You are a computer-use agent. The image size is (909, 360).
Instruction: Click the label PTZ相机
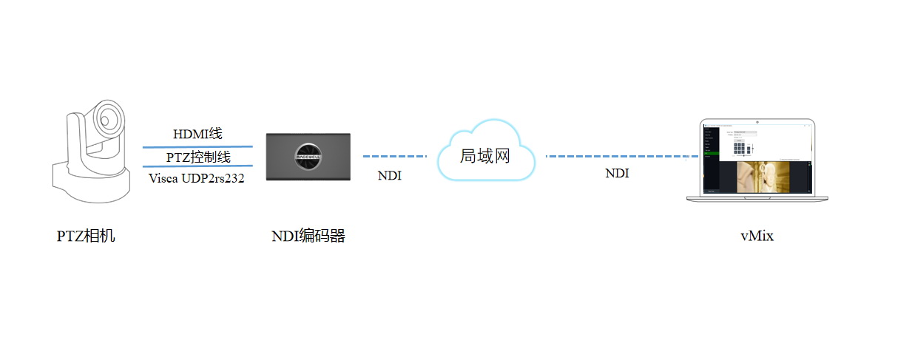[86, 237]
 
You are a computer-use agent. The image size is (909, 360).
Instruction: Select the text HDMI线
[197, 134]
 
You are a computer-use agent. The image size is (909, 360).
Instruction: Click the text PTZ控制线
[198, 157]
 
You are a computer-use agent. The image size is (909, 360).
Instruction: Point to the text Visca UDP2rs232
[197, 178]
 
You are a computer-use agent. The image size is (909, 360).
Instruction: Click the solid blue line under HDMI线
[197, 146]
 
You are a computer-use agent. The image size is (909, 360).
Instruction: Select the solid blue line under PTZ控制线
[197, 166]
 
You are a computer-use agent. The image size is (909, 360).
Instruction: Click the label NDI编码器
[308, 237]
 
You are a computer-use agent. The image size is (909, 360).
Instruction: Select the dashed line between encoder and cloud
[394, 157]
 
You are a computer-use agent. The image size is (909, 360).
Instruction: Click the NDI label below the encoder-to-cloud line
[390, 177]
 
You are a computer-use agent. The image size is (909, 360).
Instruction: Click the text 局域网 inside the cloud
[485, 156]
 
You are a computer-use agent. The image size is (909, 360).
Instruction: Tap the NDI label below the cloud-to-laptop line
[618, 174]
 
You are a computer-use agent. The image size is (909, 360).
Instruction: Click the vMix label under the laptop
[757, 237]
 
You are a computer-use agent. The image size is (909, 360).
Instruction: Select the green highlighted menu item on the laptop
[710, 153]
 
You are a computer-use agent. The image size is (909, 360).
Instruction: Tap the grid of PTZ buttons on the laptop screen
[739, 148]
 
